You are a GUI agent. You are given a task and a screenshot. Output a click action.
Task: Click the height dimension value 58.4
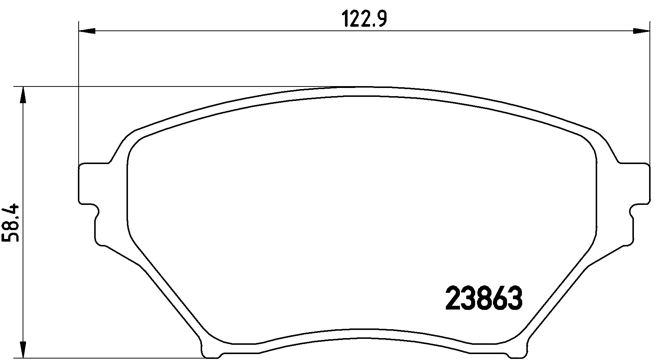pyautogui.click(x=11, y=223)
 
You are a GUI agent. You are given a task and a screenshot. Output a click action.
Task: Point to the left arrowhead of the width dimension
pyautogui.click(x=87, y=31)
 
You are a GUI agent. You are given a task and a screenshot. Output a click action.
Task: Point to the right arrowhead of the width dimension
pyautogui.click(x=641, y=31)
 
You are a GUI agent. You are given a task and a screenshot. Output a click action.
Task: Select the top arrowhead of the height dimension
pyautogui.click(x=23, y=95)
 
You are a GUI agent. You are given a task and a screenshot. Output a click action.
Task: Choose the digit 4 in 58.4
pyautogui.click(x=11, y=210)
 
